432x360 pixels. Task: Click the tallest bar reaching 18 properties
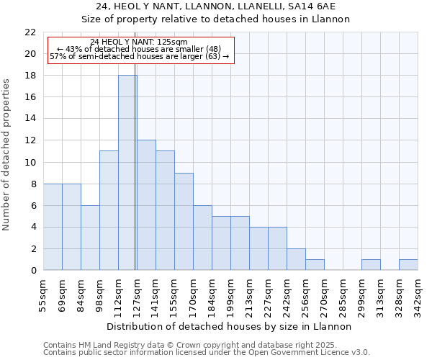(127, 173)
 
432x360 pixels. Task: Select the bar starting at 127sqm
(146, 205)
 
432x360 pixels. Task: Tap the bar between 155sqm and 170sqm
(184, 222)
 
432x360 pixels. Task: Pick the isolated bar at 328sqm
(408, 265)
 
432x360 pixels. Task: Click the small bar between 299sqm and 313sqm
(371, 265)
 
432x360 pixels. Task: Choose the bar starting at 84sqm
(90, 238)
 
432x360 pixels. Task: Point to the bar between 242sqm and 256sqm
(296, 259)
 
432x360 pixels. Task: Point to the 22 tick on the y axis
(30, 32)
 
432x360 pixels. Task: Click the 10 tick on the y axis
(30, 163)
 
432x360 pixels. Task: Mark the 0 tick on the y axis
(33, 271)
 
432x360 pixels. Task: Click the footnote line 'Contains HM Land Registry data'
(180, 345)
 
